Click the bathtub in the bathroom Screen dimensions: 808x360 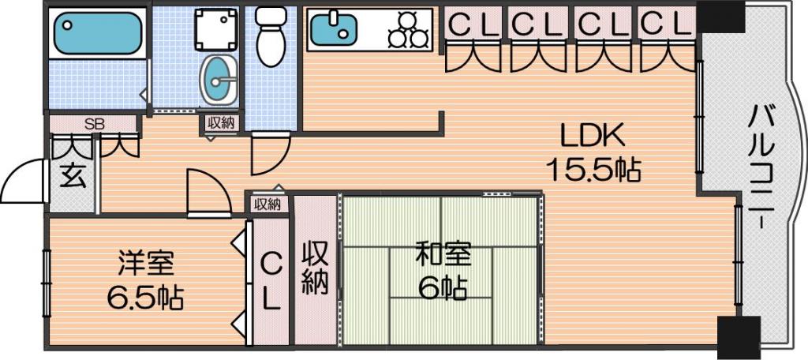(97, 34)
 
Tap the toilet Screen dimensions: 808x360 (271, 36)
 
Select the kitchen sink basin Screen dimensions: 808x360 (334, 29)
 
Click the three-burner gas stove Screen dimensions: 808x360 (408, 29)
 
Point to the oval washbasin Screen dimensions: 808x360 (219, 80)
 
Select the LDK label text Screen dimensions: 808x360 (593, 137)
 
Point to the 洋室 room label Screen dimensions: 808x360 (146, 264)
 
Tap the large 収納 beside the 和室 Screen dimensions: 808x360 (315, 269)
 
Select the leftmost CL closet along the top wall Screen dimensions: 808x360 (474, 23)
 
